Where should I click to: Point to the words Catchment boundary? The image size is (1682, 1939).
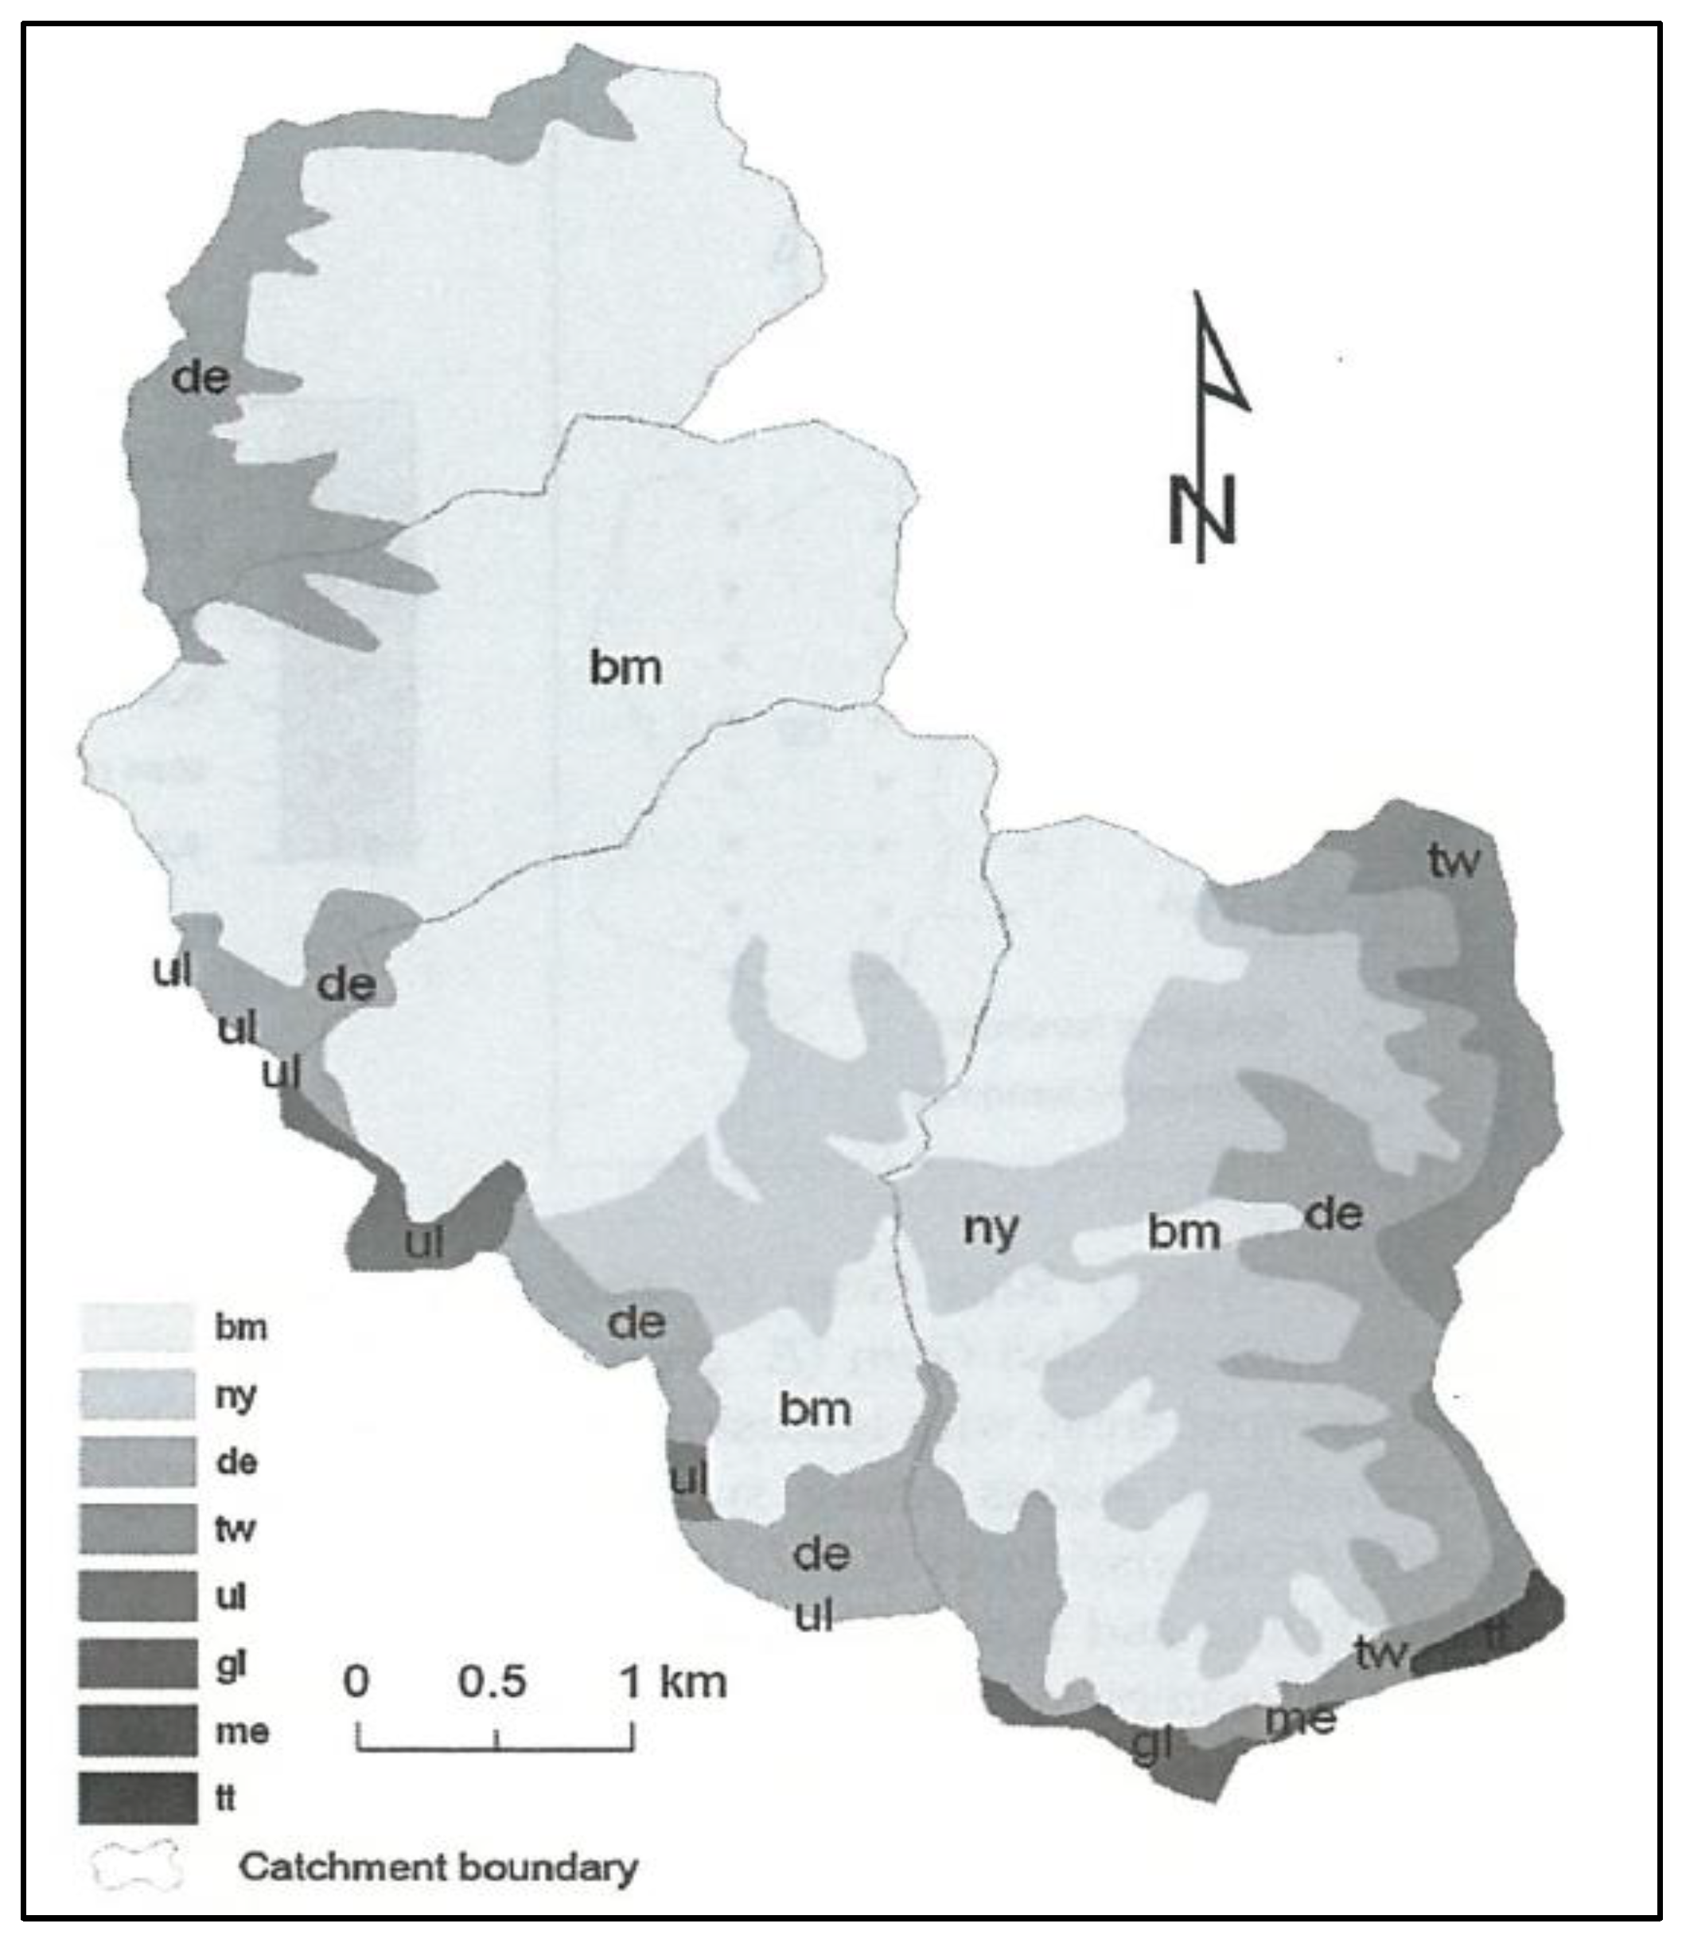(438, 1866)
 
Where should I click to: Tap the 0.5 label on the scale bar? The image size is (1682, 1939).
(493, 1681)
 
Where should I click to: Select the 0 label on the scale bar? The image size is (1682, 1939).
(356, 1681)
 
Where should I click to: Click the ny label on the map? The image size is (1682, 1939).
(991, 1228)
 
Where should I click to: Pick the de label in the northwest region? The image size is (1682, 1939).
(199, 377)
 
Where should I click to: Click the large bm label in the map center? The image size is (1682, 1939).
(625, 668)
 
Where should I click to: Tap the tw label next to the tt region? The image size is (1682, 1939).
(1381, 1652)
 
